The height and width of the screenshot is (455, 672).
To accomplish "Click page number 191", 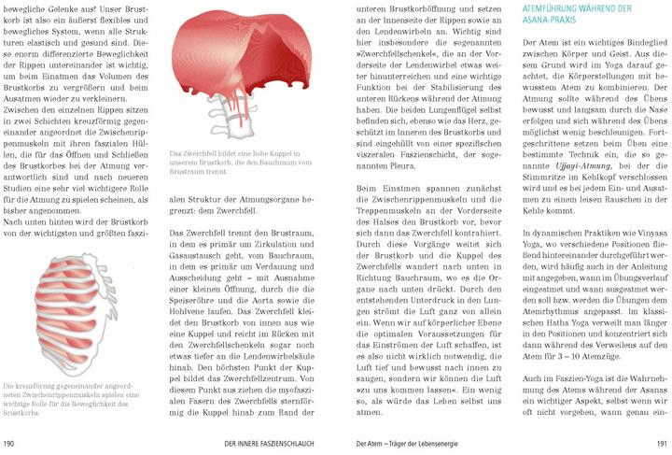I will (x=660, y=442).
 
